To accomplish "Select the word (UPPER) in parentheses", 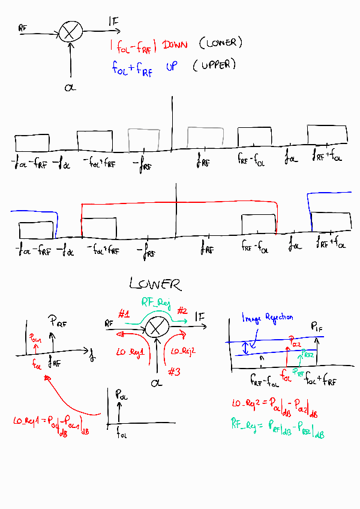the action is [x=214, y=65].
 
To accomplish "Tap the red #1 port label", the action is [x=124, y=314].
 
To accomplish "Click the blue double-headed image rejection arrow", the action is [x=244, y=348].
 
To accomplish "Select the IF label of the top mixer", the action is [x=114, y=22].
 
